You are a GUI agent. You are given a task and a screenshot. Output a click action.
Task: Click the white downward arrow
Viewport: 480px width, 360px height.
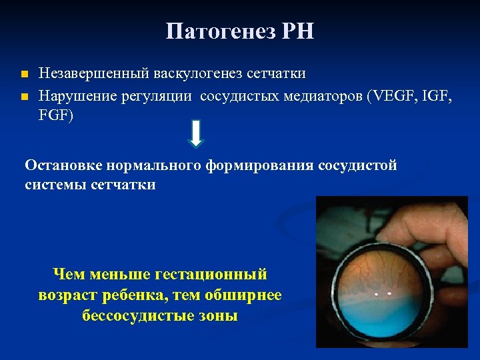196,133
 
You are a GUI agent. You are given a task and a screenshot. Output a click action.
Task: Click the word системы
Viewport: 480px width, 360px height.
53,185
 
